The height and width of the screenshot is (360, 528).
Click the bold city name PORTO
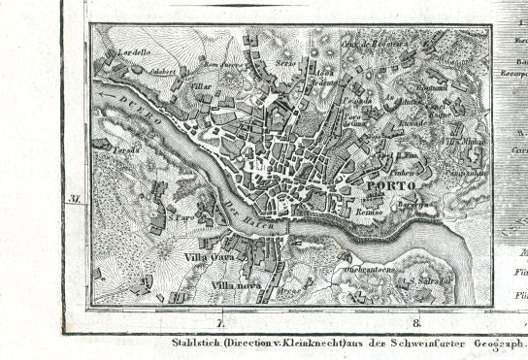click(x=392, y=185)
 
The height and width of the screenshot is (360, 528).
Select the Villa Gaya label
click(x=206, y=257)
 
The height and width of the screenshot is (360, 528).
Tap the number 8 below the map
click(x=416, y=323)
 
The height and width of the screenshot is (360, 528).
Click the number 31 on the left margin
click(x=73, y=199)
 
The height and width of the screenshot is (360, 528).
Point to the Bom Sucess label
click(x=220, y=66)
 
